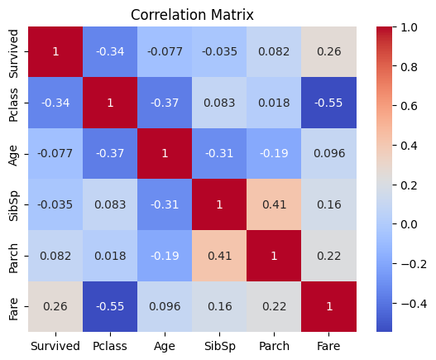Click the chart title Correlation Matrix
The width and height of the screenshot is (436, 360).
(192, 15)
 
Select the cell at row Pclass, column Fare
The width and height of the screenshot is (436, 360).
(328, 103)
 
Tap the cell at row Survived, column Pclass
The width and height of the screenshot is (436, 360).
(110, 52)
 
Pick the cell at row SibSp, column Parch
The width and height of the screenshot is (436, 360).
(274, 204)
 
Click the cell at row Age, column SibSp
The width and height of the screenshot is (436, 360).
(219, 154)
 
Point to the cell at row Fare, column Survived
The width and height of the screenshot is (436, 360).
(55, 306)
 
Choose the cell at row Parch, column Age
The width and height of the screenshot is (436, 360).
(165, 256)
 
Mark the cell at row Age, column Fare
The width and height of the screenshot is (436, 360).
(328, 154)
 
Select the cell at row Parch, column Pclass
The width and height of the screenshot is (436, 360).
(110, 256)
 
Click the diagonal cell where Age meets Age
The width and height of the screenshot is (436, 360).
(165, 154)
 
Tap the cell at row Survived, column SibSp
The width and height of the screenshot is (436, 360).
(219, 52)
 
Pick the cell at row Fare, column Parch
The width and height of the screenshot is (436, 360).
(274, 306)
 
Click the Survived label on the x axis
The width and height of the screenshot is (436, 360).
(55, 345)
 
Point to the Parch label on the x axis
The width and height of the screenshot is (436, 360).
(274, 345)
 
